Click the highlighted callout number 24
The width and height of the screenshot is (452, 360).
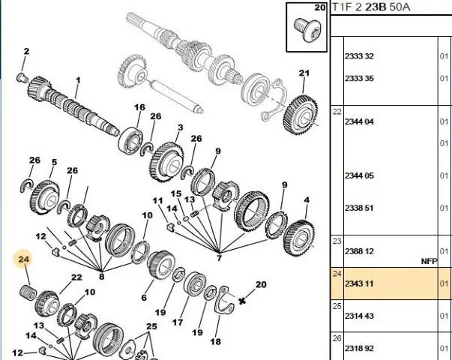[24, 259]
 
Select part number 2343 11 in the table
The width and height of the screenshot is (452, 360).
[359, 283]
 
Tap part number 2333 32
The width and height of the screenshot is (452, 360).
[359, 56]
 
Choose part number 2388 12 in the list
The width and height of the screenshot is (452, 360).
[359, 251]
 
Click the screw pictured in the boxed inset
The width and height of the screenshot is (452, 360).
[307, 30]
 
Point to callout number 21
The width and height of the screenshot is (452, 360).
[304, 73]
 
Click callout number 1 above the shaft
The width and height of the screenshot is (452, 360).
[78, 80]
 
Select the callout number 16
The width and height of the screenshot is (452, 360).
[139, 107]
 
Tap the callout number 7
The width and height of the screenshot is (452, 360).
[219, 257]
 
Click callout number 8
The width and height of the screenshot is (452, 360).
[101, 276]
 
